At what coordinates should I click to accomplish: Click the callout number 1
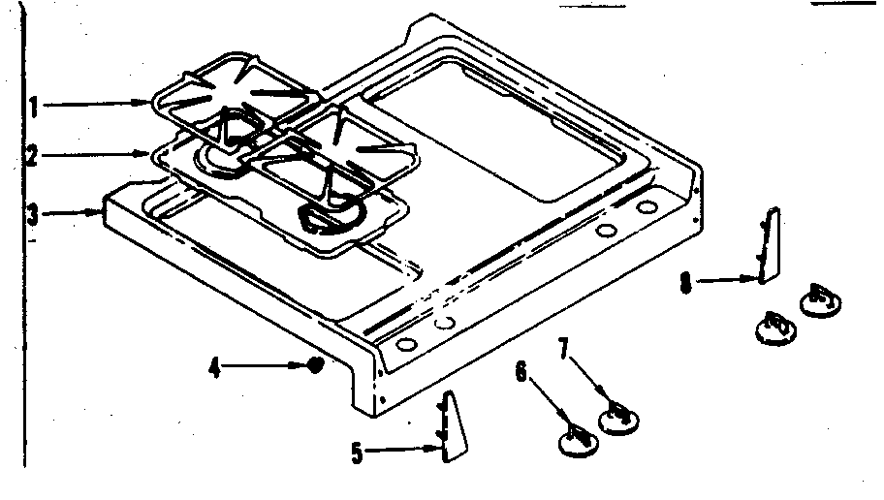click(32, 107)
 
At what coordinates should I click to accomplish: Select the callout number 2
click(32, 156)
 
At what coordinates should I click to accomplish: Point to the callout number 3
click(32, 214)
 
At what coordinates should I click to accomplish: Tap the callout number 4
click(216, 367)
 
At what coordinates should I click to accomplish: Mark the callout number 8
click(685, 283)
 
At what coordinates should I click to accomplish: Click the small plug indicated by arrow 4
click(315, 365)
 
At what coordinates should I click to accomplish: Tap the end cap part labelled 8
click(768, 245)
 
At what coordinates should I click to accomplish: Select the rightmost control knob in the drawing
click(819, 299)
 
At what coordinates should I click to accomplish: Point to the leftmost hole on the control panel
click(405, 344)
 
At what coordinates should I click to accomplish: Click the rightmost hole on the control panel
click(644, 209)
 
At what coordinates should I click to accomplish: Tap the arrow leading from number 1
click(97, 104)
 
